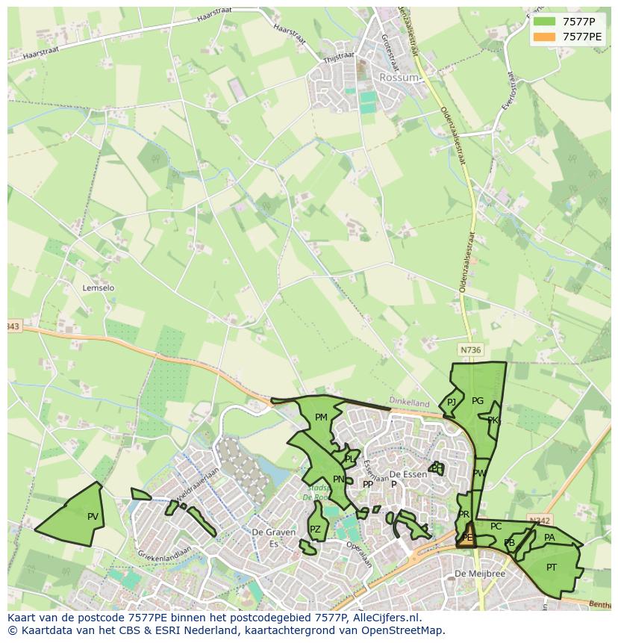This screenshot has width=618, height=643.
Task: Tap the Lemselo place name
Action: coord(99,288)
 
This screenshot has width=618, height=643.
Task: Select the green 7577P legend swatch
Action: coord(545,22)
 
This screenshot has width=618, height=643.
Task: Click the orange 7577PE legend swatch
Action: coord(545,37)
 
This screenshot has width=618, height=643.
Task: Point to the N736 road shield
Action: coord(470,350)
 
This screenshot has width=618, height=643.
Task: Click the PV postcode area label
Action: coord(93,517)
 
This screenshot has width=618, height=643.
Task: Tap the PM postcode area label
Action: coord(321,417)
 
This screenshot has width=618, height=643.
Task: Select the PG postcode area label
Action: coord(478,401)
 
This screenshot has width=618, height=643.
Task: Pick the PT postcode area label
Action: coord(552,568)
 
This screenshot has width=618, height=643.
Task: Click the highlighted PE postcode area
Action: coord(468,536)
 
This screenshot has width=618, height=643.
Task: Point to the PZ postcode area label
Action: coord(315,529)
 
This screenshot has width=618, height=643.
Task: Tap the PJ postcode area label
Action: coord(452,403)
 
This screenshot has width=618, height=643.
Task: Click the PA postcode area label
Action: coord(549,538)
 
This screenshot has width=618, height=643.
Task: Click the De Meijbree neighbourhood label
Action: coord(480,574)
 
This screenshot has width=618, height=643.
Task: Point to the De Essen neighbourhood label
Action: coord(408,474)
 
